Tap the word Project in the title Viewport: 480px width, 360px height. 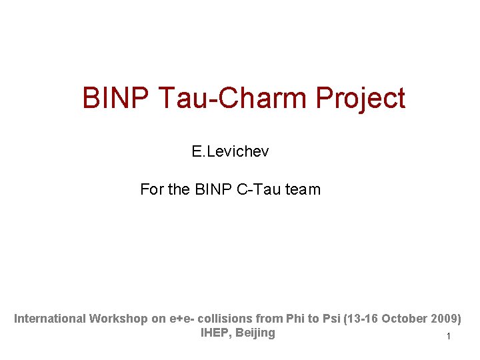[360, 98]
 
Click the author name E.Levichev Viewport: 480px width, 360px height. [230, 152]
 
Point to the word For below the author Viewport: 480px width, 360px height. [152, 189]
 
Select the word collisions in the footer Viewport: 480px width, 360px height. [223, 319]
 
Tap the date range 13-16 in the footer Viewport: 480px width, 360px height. [360, 319]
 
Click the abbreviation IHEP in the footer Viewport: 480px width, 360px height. [215, 333]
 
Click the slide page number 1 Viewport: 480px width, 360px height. [449, 337]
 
